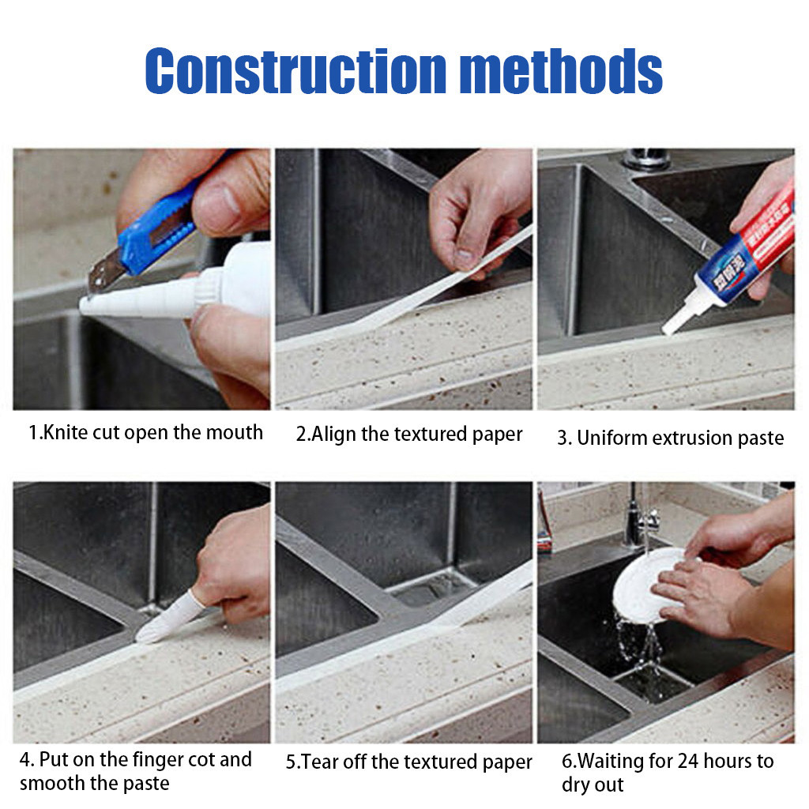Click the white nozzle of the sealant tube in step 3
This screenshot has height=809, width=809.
(679, 316)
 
